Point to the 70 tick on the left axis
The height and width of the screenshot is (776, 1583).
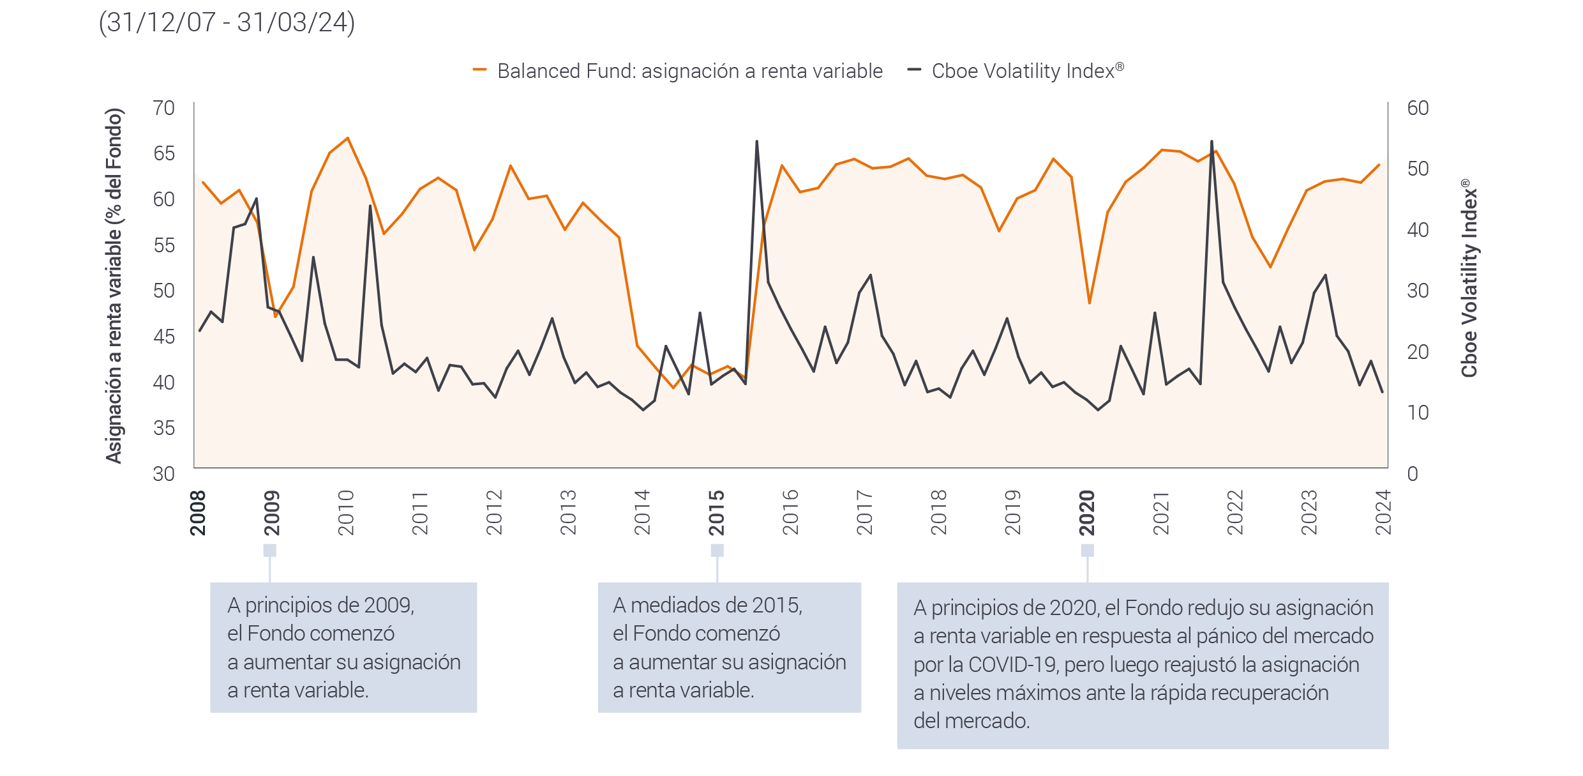(163, 108)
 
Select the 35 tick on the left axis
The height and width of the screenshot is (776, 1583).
(163, 428)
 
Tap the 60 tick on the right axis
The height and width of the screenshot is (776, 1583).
(1418, 108)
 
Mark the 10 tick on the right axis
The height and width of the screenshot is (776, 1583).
(1418, 413)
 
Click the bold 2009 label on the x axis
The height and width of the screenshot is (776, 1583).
(272, 513)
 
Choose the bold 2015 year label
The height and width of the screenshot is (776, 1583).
(717, 513)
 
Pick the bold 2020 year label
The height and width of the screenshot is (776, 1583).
(1087, 513)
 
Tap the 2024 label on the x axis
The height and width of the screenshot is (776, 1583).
(1383, 513)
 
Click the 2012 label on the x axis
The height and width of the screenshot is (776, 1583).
(495, 513)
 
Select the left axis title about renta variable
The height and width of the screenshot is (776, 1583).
(114, 286)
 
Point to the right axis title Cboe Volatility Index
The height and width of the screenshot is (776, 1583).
(1469, 278)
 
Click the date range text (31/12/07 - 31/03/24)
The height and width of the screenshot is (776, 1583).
(227, 23)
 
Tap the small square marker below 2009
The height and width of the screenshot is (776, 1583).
(270, 550)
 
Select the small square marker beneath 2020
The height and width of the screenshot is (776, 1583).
(1087, 550)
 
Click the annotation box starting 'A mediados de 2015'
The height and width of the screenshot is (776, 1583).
(729, 647)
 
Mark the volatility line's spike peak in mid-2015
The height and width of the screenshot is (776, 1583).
(756, 142)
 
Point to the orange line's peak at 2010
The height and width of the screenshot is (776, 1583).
(347, 138)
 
